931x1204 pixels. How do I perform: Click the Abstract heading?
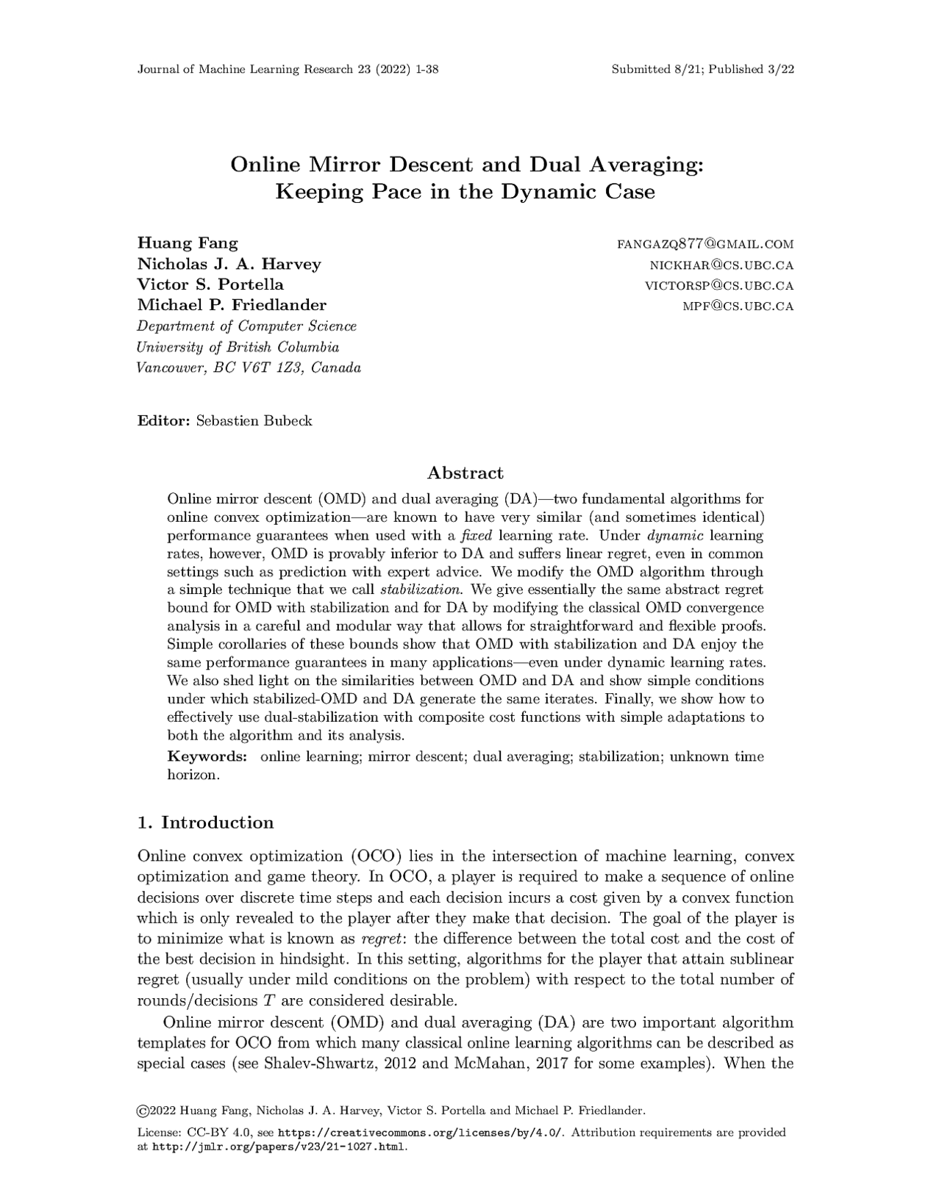click(465, 473)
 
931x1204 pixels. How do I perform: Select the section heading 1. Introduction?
click(206, 822)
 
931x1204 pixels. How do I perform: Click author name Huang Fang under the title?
click(188, 243)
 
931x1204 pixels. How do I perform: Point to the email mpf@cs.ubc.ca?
click(738, 306)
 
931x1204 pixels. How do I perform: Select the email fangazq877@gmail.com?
click(705, 244)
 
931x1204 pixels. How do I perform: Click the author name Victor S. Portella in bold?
click(210, 284)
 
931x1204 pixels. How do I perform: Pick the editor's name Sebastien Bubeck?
click(254, 420)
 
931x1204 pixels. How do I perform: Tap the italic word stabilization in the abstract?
click(421, 590)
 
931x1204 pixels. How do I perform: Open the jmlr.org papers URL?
click(279, 1147)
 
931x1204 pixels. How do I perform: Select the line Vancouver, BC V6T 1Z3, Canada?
click(249, 368)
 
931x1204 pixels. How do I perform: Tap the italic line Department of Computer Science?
click(247, 326)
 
